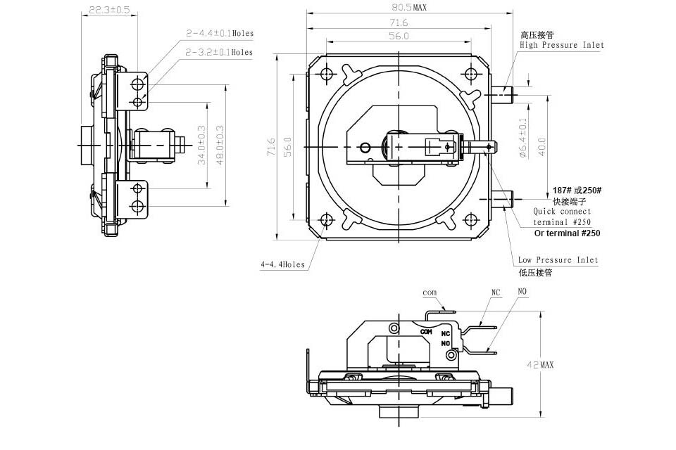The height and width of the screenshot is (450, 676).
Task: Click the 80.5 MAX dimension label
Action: point(408,7)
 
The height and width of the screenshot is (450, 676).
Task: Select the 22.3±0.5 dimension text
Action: point(109,9)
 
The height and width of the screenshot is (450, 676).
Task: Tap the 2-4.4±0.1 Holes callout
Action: point(220,33)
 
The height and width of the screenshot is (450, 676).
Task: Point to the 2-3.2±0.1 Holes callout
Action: point(219,52)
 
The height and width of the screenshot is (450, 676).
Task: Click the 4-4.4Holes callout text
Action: point(282,264)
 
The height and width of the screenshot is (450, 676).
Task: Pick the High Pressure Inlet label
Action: point(562,45)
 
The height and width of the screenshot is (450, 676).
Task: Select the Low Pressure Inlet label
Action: point(558,259)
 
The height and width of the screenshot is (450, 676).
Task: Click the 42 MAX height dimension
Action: point(540,365)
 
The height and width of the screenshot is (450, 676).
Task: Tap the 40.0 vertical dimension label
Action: point(542,146)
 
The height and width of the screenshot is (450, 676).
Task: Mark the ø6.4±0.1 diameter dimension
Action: point(523,138)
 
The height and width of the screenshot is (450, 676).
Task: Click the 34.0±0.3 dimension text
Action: point(201,145)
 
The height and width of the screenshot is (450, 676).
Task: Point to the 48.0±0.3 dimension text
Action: point(220,145)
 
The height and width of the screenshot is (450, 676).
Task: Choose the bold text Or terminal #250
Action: point(567,233)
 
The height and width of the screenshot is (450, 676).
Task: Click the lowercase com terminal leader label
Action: point(430,292)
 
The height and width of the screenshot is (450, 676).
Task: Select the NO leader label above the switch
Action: point(522,292)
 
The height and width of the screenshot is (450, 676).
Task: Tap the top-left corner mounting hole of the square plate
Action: point(327,74)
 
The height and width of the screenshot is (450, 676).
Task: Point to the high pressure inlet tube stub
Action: point(501,94)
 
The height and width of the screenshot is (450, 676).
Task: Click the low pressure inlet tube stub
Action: point(501,199)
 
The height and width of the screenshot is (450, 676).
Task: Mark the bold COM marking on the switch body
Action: point(426,332)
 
